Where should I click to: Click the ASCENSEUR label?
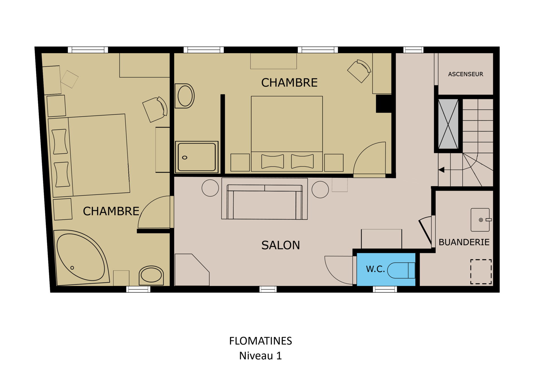pyautogui.click(x=465, y=74)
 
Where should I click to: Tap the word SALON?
pyautogui.click(x=280, y=245)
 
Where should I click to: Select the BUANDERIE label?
pyautogui.click(x=464, y=242)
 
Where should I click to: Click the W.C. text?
pyautogui.click(x=375, y=269)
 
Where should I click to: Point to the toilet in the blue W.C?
pyautogui.click(x=401, y=270)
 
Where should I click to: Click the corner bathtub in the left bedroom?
pyautogui.click(x=82, y=258)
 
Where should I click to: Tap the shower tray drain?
pyautogui.click(x=185, y=158)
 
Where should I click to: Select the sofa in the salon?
pyautogui.click(x=264, y=202)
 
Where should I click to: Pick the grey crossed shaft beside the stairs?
pyautogui.click(x=448, y=124)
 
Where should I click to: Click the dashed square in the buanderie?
pyautogui.click(x=481, y=272)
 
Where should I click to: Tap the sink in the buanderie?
pyautogui.click(x=481, y=220)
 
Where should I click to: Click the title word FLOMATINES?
pyautogui.click(x=260, y=341)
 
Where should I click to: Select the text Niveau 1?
pyautogui.click(x=260, y=356)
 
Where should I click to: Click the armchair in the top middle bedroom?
pyautogui.click(x=360, y=71)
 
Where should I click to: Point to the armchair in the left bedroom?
pyautogui.click(x=155, y=109)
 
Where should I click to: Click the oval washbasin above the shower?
pyautogui.click(x=185, y=96)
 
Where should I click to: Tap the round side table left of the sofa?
pyautogui.click(x=210, y=188)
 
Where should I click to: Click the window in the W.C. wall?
pyautogui.click(x=385, y=289)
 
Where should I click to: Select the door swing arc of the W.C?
pyautogui.click(x=332, y=272)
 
